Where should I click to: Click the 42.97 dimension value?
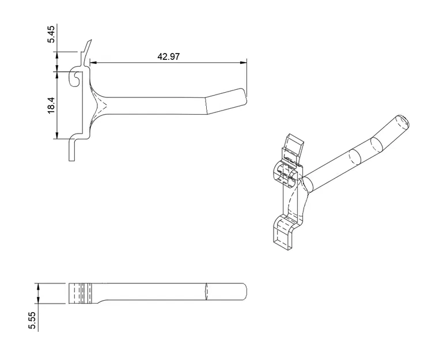point(168,56)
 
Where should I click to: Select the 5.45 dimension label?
point(51,35)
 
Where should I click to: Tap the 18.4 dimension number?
point(51,105)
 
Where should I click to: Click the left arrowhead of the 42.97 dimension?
point(93,62)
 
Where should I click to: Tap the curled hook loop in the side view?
point(73,78)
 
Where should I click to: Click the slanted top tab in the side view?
point(87,47)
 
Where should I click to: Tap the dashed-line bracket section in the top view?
point(83,293)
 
